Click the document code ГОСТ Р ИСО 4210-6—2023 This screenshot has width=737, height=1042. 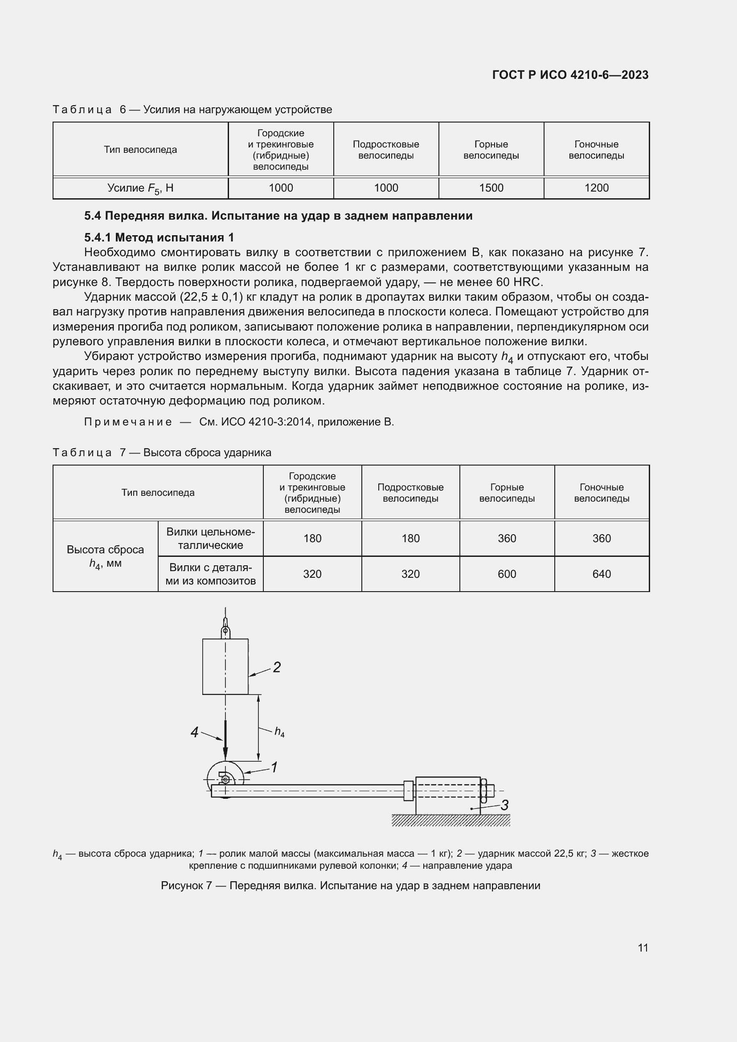point(570,75)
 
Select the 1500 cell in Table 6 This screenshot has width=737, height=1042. point(491,188)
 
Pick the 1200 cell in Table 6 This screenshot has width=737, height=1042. point(596,188)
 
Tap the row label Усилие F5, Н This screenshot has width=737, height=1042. point(140,188)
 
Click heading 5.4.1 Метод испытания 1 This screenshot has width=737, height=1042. point(159,237)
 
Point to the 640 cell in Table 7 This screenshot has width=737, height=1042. point(601,574)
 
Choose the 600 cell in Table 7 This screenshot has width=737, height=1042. point(507,574)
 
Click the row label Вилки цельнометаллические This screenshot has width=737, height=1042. point(211,538)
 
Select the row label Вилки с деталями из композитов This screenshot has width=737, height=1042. point(211,574)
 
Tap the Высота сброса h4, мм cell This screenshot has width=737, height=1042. point(105,556)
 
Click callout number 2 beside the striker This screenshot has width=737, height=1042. point(276,667)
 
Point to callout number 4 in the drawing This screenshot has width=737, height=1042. point(194,732)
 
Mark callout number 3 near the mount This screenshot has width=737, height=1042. point(504,805)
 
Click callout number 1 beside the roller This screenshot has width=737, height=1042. point(274,767)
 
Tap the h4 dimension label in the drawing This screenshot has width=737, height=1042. point(279,732)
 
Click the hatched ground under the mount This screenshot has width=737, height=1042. point(450,820)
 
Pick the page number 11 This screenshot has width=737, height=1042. point(643,948)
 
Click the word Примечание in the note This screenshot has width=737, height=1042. point(128,422)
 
